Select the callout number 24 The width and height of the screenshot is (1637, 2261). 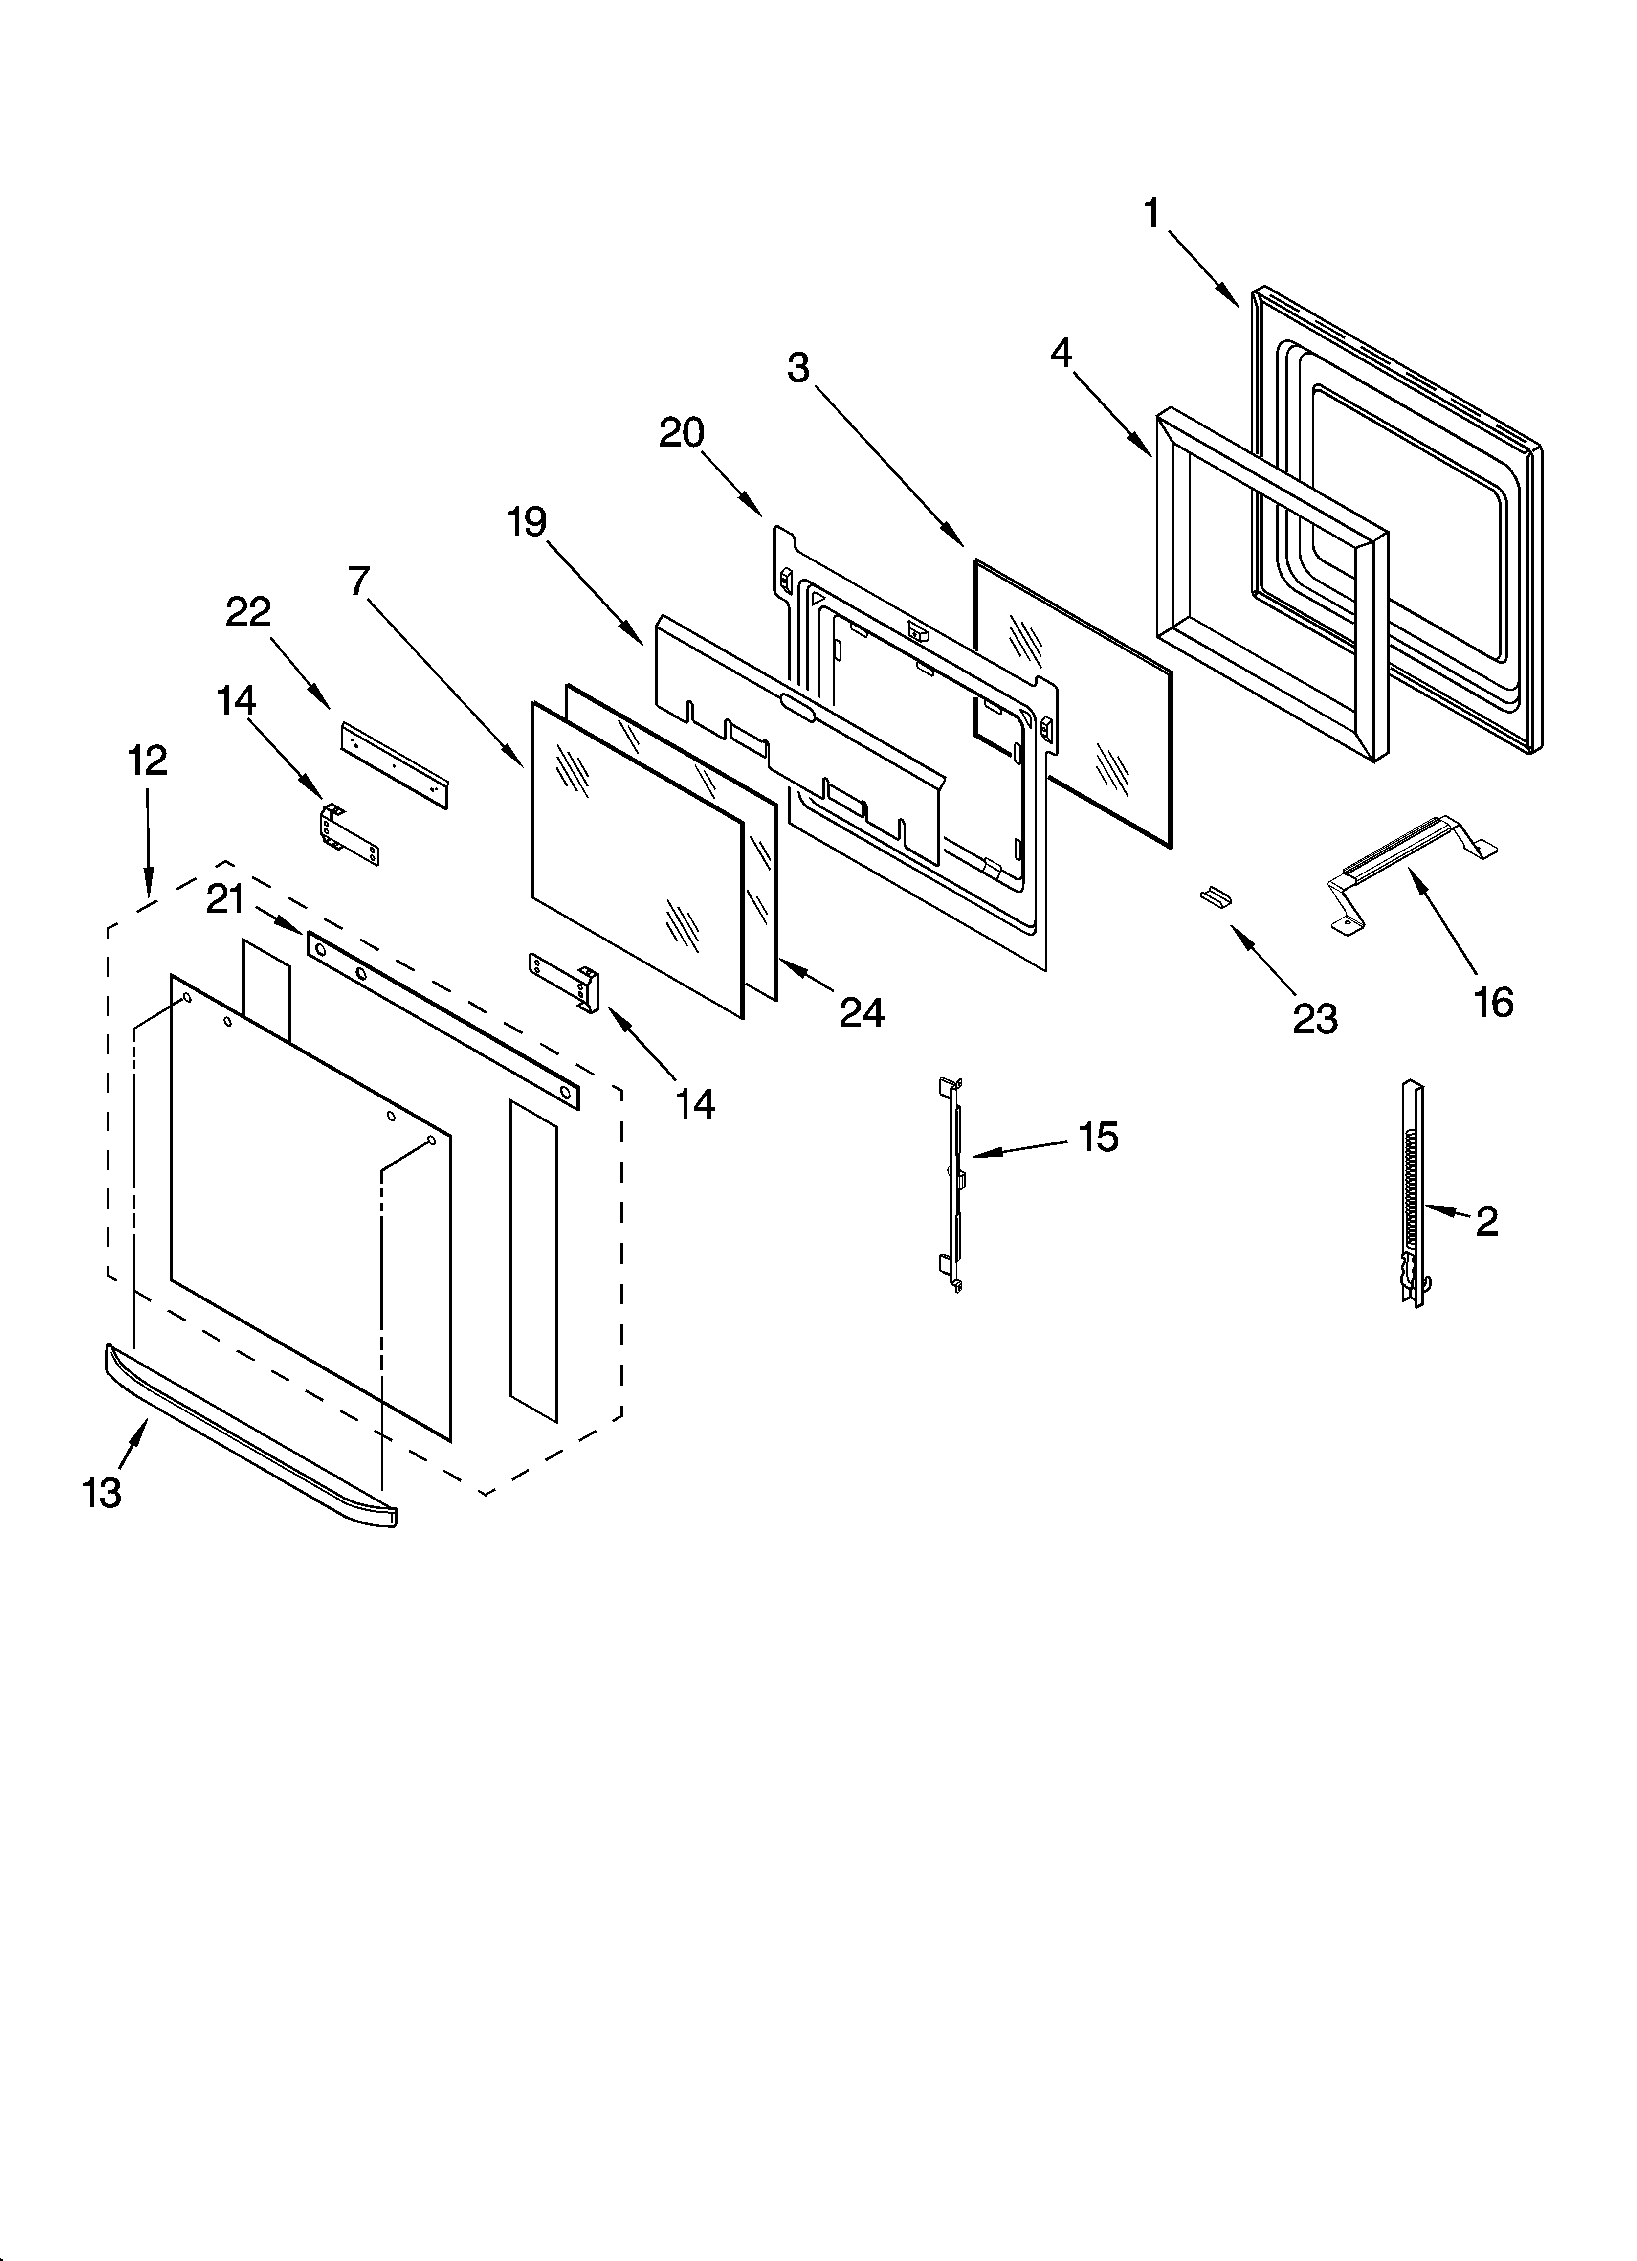(x=862, y=1013)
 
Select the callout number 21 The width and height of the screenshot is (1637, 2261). (x=225, y=900)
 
